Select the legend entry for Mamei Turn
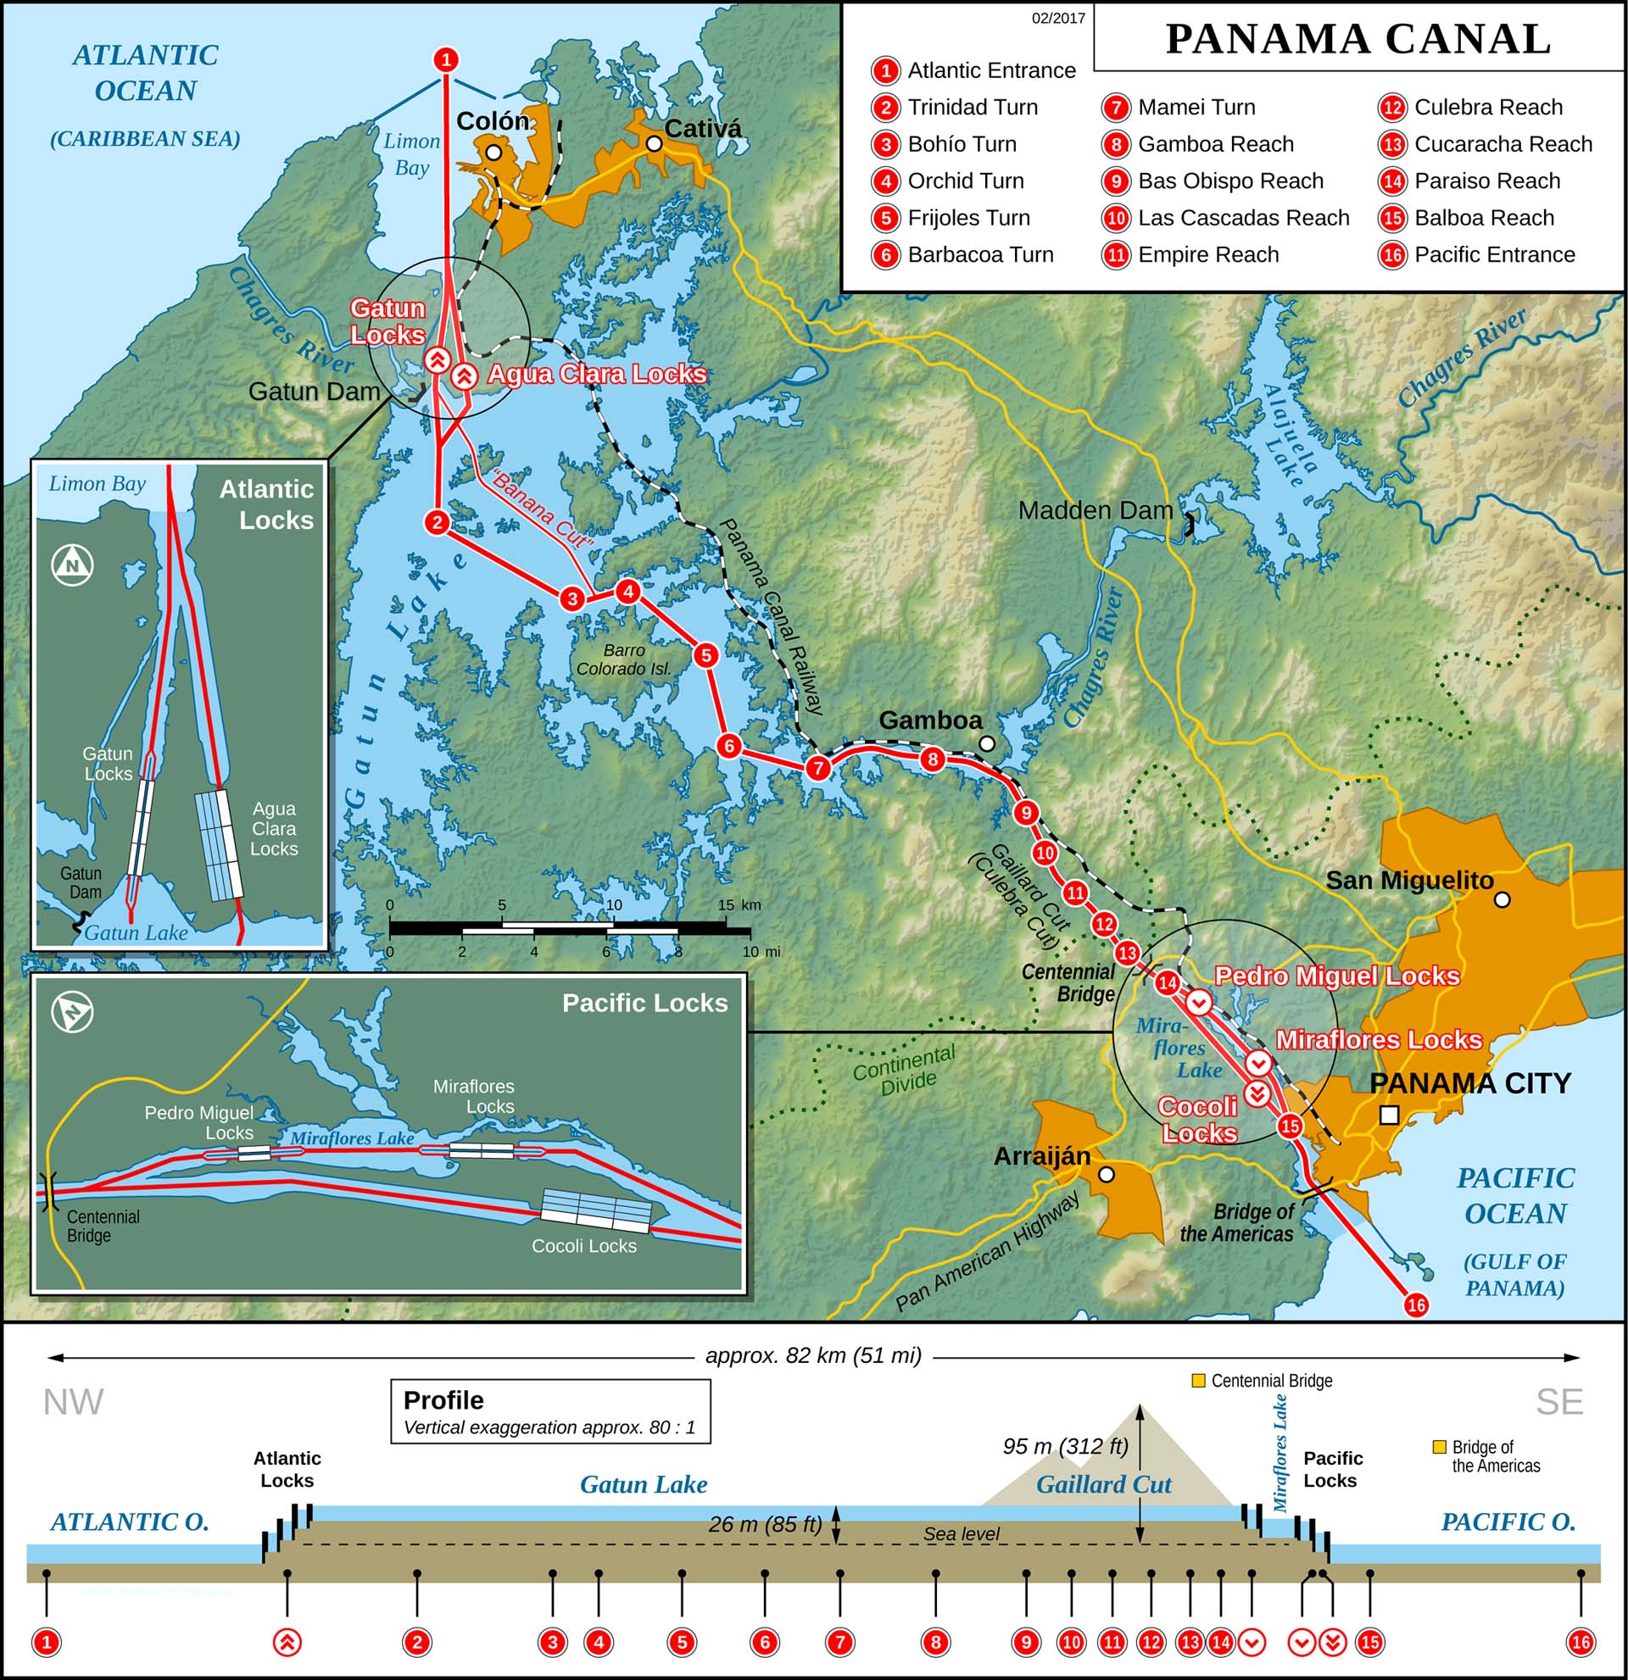[1195, 107]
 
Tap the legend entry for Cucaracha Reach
[1502, 144]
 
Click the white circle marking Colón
[493, 153]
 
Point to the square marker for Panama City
[1390, 1115]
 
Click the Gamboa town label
[929, 720]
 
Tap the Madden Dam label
[1095, 511]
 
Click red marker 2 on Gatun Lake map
[438, 522]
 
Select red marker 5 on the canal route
[705, 656]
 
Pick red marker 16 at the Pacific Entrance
[1415, 1305]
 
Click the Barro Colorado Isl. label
[623, 660]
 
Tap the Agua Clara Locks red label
[597, 375]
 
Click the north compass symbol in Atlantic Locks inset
[73, 565]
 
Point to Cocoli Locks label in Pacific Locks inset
[584, 1246]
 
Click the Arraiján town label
[1041, 1156]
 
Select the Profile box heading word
[443, 1400]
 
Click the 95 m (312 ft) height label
[1065, 1446]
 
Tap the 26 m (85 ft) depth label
[765, 1524]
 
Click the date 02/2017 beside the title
[1058, 19]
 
